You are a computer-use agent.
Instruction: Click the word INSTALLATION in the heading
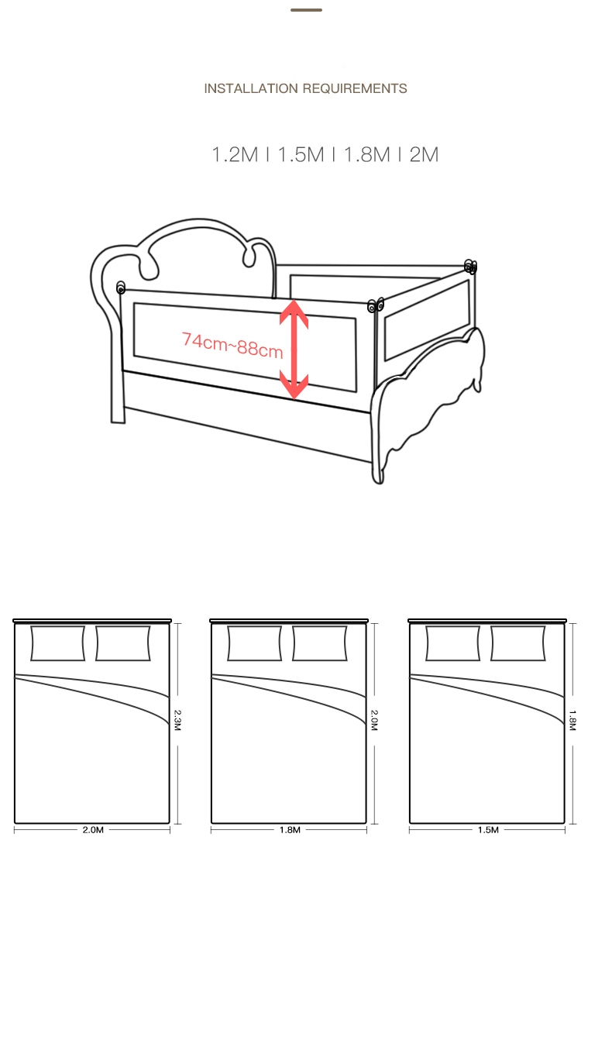[x=251, y=88]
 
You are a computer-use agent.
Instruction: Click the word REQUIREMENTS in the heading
[x=355, y=88]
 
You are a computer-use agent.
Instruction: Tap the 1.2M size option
[x=235, y=154]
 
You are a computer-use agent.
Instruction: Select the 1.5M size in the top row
[x=301, y=154]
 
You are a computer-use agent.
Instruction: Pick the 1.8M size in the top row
[x=367, y=154]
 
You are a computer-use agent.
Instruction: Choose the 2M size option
[x=424, y=154]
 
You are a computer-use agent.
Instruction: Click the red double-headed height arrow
[x=294, y=349]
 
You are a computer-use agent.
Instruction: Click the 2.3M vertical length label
[x=177, y=720]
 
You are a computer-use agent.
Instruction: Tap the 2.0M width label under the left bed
[x=93, y=830]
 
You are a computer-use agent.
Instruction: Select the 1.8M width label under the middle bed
[x=290, y=830]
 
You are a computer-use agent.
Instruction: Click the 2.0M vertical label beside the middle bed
[x=374, y=720]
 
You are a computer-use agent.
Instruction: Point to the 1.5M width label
[x=488, y=830]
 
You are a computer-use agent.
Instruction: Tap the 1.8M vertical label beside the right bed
[x=572, y=720]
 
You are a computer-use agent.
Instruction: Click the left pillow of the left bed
[x=58, y=643]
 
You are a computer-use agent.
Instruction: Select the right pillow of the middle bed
[x=320, y=643]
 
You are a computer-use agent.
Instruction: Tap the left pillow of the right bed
[x=453, y=643]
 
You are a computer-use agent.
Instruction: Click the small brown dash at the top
[x=306, y=10]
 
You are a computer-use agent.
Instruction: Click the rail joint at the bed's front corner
[x=376, y=305]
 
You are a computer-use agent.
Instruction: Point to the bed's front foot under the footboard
[x=379, y=471]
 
